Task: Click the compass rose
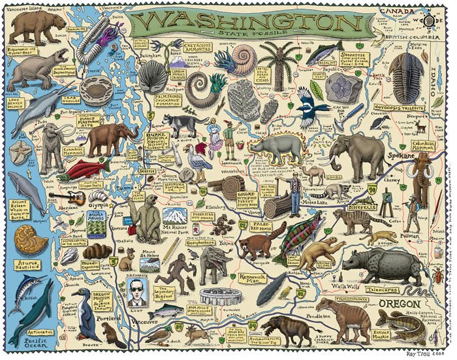click(x=430, y=20)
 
